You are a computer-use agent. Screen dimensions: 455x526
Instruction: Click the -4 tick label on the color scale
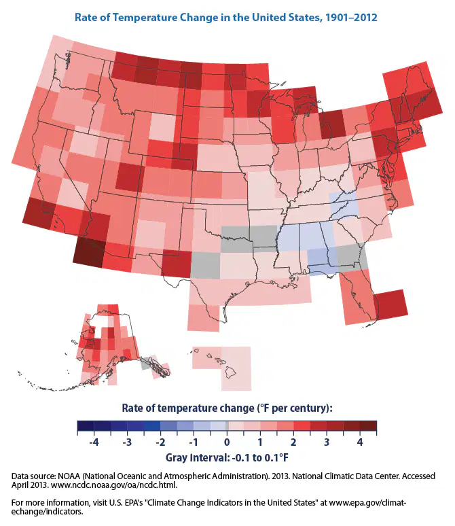(x=94, y=442)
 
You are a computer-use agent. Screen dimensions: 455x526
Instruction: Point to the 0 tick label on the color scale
(x=227, y=442)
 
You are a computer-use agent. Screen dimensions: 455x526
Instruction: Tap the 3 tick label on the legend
(x=327, y=442)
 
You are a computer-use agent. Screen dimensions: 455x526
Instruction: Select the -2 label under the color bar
(x=160, y=442)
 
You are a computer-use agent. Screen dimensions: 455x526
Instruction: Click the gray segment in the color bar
(x=227, y=425)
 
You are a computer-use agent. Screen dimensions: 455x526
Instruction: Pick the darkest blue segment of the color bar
(x=86, y=425)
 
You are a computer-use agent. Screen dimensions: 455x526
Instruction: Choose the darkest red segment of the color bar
(x=368, y=425)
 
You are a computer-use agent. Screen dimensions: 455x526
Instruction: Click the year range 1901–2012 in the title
(x=351, y=17)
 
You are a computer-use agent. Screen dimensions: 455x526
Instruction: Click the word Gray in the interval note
(x=177, y=457)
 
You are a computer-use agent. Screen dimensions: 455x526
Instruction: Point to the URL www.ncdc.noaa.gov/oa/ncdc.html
(x=113, y=485)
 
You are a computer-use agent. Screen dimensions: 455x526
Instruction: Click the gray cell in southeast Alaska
(x=146, y=364)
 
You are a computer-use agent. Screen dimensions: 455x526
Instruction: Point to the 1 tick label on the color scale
(x=260, y=442)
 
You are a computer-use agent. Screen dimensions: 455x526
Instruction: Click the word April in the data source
(x=20, y=485)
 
